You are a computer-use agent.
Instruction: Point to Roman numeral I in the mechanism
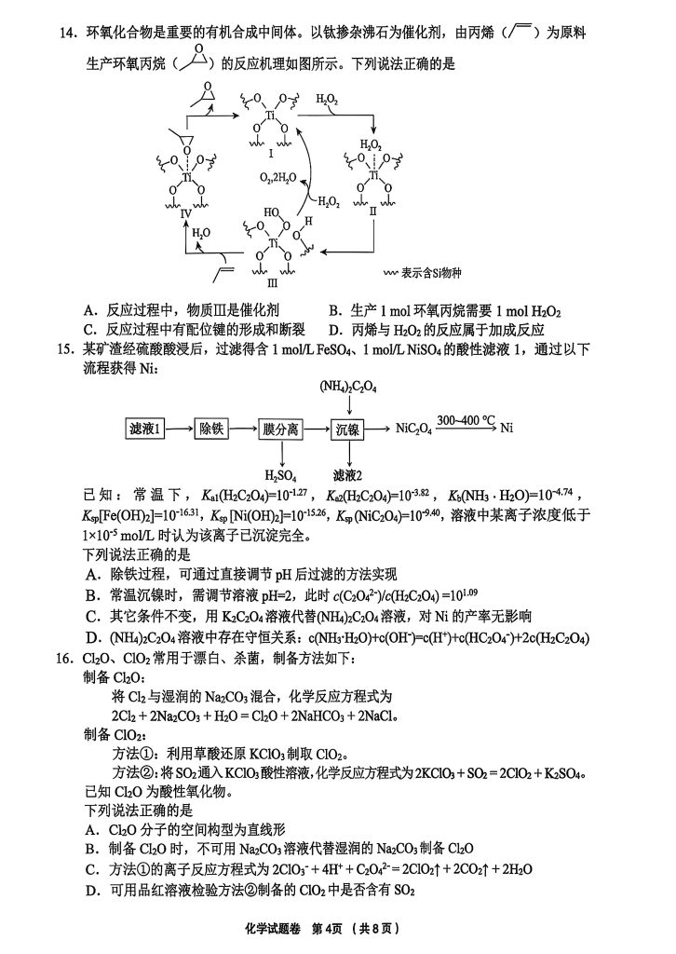[271, 152]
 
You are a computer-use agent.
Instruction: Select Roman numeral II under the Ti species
[372, 211]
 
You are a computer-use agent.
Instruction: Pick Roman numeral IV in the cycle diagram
[185, 213]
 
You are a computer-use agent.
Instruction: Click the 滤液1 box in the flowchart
[145, 429]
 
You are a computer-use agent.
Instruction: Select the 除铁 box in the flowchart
[210, 429]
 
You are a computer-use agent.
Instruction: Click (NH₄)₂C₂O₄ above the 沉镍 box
[348, 385]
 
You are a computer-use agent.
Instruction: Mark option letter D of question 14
[333, 329]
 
